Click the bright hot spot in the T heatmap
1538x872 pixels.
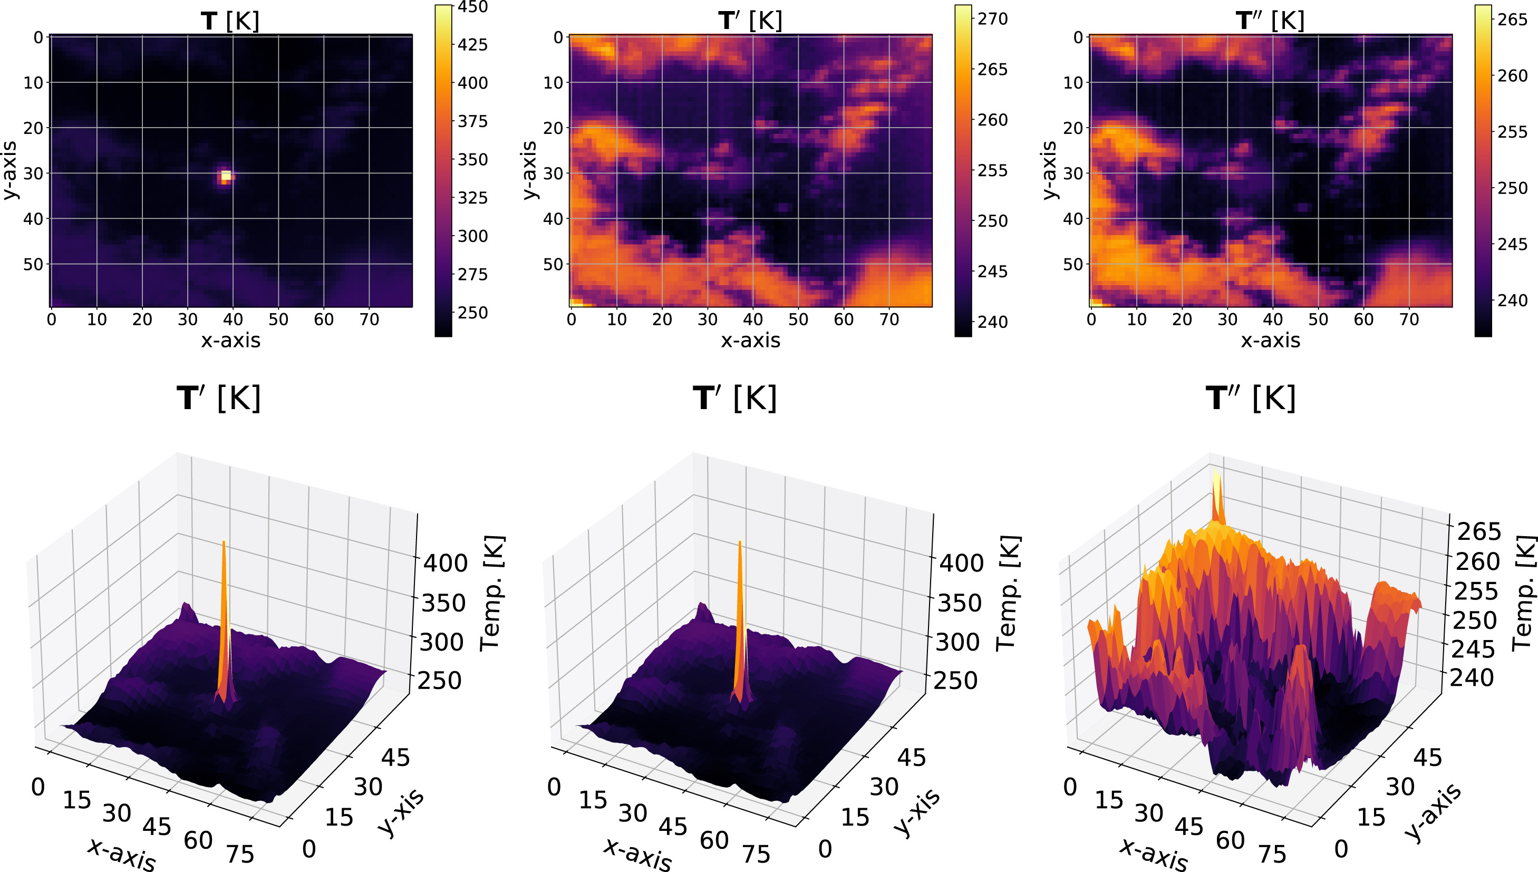pos(226,176)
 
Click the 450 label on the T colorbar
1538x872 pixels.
pos(472,7)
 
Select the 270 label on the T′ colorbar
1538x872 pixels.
pos(992,19)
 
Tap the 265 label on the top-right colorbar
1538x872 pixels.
pos(1512,20)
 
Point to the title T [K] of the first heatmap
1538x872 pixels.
pos(230,22)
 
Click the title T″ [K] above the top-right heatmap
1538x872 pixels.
pos(1270,22)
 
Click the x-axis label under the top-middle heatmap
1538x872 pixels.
pos(750,340)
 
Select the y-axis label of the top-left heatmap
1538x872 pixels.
pos(9,171)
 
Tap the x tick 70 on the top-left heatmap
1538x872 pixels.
pos(369,320)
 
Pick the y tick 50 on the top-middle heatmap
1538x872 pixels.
pos(552,264)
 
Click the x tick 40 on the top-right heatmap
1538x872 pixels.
pos(1273,320)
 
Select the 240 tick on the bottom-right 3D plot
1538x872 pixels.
pos(1472,678)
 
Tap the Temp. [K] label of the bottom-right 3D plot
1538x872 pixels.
pos(1524,593)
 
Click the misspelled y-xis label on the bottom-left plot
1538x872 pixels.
pos(401,811)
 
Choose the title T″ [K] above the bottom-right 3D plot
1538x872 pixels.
pos(1251,398)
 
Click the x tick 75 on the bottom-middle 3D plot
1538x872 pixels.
pos(756,854)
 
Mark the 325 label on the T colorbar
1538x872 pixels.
pos(472,198)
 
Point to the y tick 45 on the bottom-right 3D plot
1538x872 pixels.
pos(1427,758)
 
